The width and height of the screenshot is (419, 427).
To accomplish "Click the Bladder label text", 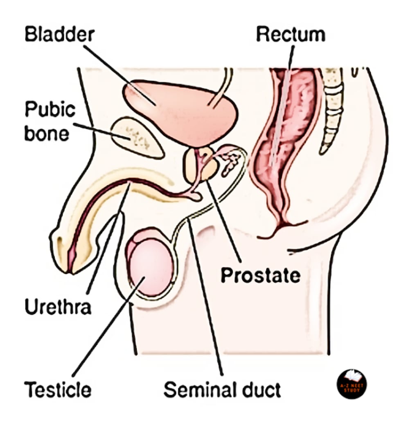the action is click(x=59, y=34).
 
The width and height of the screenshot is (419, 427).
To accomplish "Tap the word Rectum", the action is click(x=291, y=34).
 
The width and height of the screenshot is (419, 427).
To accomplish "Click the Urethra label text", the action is click(x=58, y=307).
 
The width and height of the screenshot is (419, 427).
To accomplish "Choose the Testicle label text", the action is click(x=57, y=389).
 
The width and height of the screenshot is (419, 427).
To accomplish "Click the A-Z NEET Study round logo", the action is click(x=351, y=384).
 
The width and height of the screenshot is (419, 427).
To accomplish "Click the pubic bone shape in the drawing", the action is click(x=137, y=137).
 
